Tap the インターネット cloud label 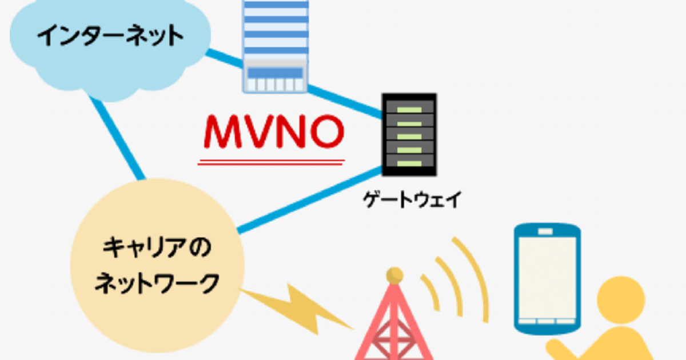point(110,37)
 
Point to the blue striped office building point(274,34)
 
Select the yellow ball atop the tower point(393,276)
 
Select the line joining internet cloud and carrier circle point(117,137)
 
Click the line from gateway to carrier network point(309,200)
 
